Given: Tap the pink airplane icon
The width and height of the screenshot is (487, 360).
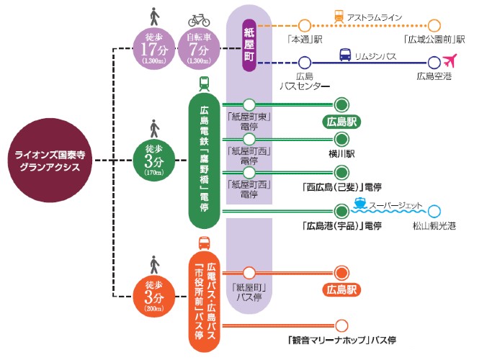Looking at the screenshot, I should click(x=452, y=61).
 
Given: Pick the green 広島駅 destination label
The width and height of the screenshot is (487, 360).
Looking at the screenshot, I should click(x=342, y=121).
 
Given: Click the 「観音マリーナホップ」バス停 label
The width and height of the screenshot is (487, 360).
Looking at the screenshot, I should click(x=342, y=340).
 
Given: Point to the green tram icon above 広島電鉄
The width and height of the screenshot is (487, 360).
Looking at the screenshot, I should click(x=204, y=84).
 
